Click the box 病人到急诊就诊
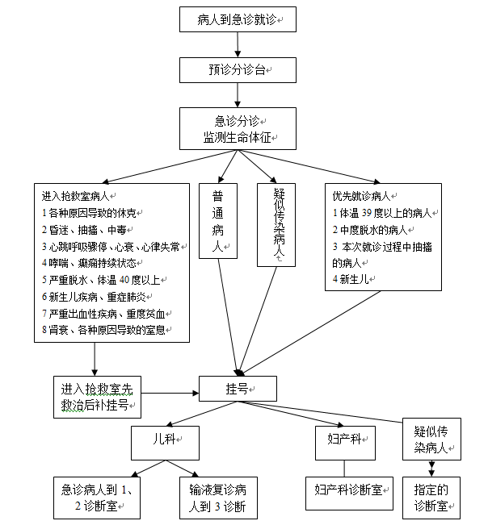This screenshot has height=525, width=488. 238,19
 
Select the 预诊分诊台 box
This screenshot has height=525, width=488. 238,70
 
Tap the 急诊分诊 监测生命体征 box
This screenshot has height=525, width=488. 238,128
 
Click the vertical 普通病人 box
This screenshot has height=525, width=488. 218,221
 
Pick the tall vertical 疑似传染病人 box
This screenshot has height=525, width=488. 276,225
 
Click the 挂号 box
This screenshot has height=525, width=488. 238,389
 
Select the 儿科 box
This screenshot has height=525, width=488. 165,443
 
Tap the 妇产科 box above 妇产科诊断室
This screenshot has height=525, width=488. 345,443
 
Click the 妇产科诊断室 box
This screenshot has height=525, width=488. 349,494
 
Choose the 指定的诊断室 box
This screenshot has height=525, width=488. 431,498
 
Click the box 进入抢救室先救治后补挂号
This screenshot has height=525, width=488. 97,397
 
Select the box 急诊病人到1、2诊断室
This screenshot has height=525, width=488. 97,498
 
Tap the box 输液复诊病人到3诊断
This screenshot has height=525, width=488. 218,498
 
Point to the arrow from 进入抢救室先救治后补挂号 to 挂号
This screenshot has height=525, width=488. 170,393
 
